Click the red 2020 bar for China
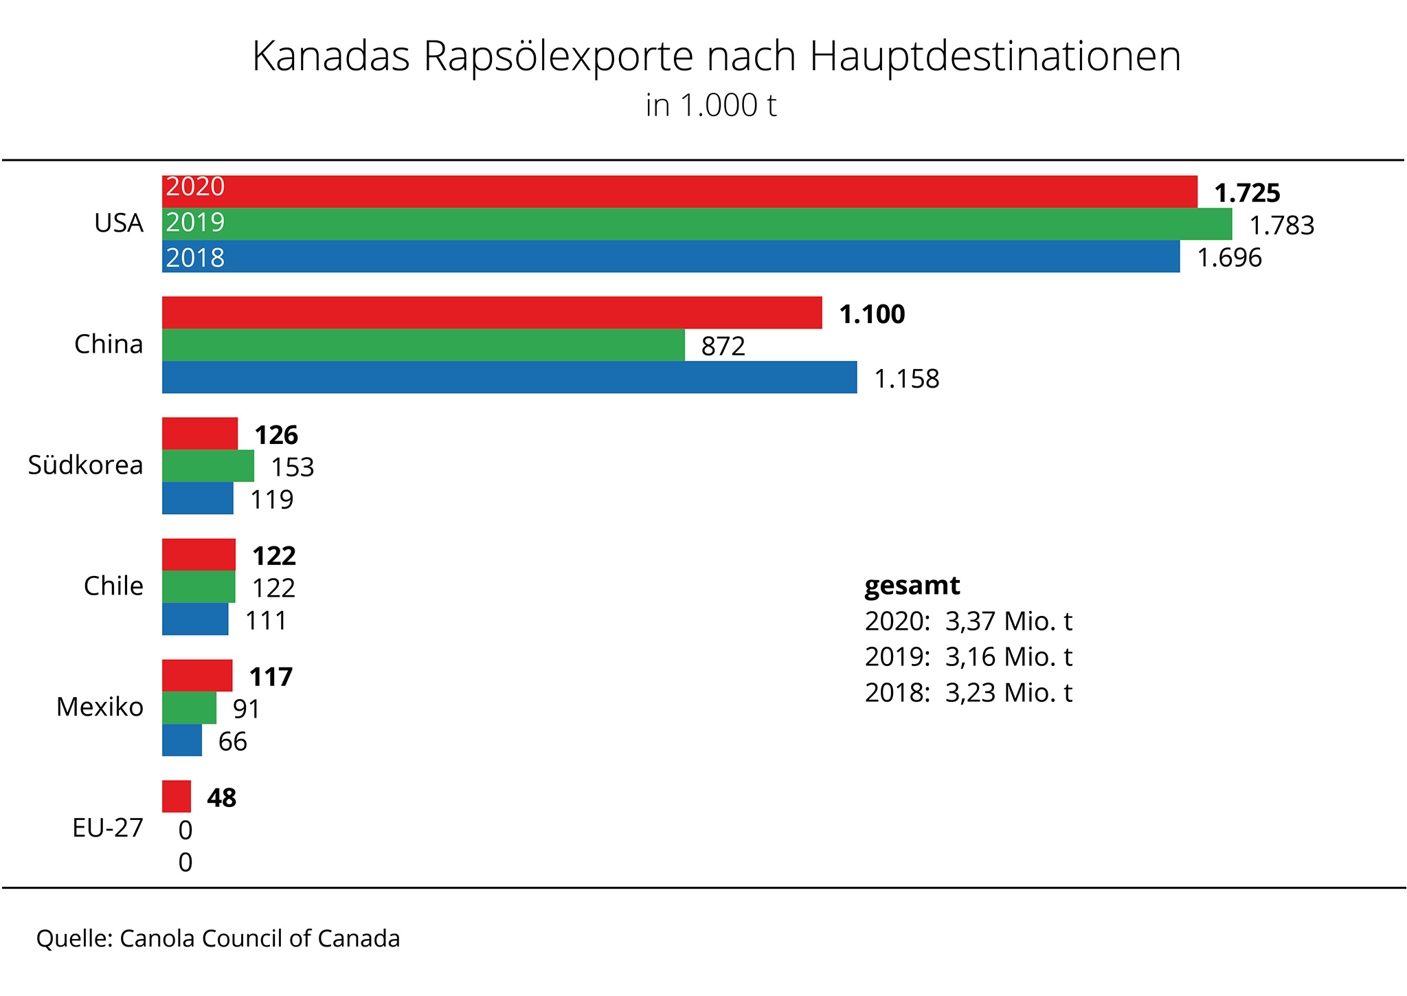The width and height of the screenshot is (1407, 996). [x=492, y=313]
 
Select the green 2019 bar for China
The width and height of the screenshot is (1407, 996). [x=423, y=345]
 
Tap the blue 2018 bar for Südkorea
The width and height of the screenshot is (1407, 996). [x=198, y=498]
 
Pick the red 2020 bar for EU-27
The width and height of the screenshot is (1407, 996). [x=177, y=797]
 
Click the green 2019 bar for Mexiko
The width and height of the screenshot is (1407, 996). [x=189, y=708]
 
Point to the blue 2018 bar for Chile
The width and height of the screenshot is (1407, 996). [x=195, y=619]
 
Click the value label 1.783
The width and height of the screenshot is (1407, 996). [x=1281, y=225]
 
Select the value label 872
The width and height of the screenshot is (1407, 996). [x=723, y=346]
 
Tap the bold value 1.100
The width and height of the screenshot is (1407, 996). [x=872, y=314]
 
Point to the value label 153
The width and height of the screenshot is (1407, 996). [x=292, y=467]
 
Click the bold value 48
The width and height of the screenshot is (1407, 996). [x=221, y=798]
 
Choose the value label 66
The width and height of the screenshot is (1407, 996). [x=232, y=742]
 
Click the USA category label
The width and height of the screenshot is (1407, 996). [x=119, y=223]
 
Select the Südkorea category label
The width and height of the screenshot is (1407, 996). [x=85, y=465]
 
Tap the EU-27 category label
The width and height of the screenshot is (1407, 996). [x=108, y=828]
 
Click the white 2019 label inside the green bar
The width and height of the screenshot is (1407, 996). [x=195, y=222]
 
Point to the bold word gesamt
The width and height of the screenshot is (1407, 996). [x=912, y=586]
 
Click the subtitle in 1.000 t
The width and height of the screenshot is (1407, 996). [x=710, y=106]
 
